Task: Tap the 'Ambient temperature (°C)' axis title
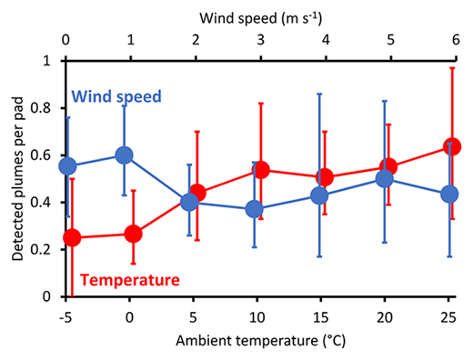(x=257, y=344)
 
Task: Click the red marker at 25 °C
(x=451, y=146)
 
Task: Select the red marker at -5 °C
(x=73, y=237)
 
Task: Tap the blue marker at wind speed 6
(x=449, y=195)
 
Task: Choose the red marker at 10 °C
(x=261, y=170)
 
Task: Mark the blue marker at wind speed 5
(x=385, y=179)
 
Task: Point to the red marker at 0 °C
(x=134, y=234)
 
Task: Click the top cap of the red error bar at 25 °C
(x=451, y=68)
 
